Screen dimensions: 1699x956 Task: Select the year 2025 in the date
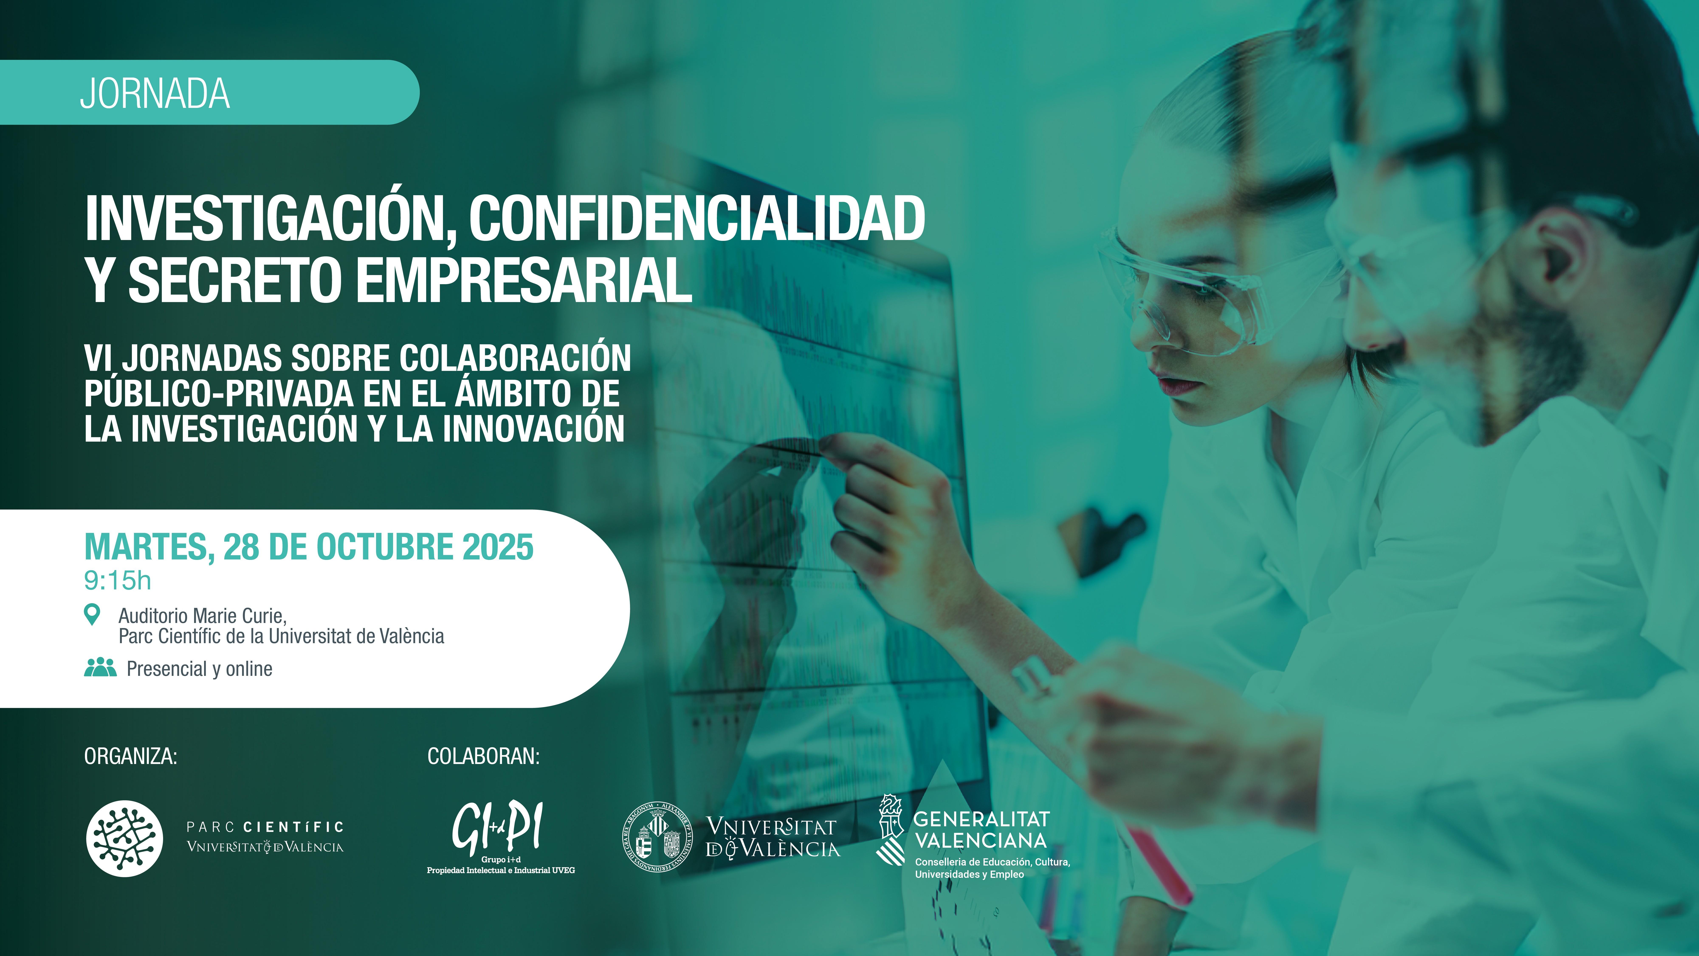pyautogui.click(x=498, y=547)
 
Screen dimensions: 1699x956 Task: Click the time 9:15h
pyautogui.click(x=117, y=581)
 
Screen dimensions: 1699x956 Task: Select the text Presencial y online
pyautogui.click(x=199, y=669)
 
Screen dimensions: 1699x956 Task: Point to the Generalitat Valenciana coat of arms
pyautogui.click(x=890, y=829)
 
